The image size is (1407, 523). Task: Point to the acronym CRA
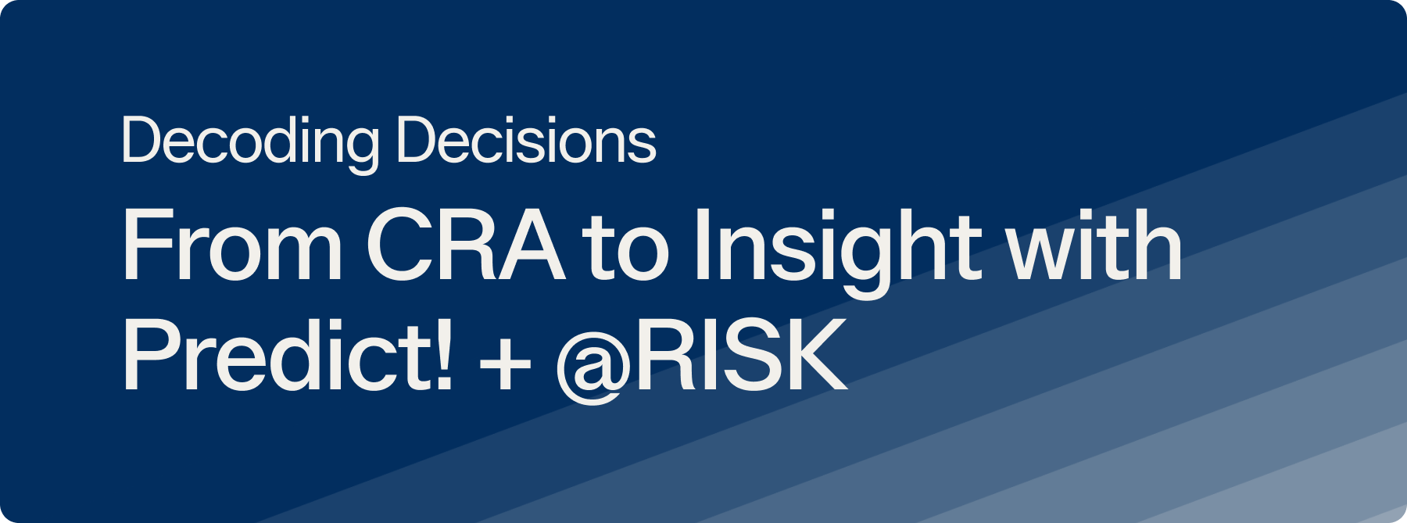pyautogui.click(x=466, y=245)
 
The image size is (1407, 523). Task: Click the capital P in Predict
pyautogui.click(x=152, y=354)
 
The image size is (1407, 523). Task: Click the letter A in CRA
pyautogui.click(x=530, y=245)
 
